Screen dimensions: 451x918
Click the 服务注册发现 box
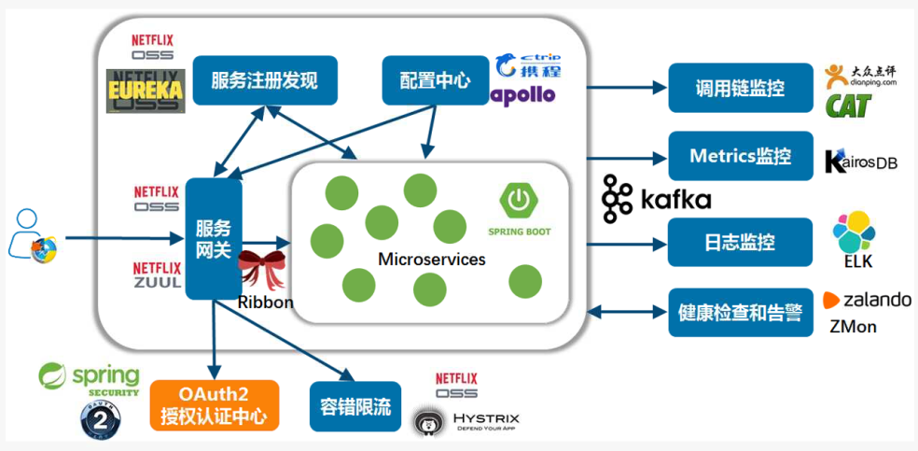(264, 80)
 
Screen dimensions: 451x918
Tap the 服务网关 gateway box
(213, 239)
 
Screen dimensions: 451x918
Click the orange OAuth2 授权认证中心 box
(214, 405)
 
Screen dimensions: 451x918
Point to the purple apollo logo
(523, 94)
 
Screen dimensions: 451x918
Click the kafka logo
(657, 199)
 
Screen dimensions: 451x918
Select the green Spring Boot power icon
(519, 200)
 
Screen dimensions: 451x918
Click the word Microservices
(432, 259)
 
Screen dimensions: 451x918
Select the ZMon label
(853, 327)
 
